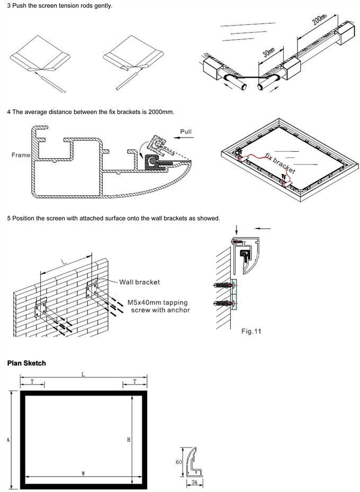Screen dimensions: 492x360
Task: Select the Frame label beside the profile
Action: tap(20, 156)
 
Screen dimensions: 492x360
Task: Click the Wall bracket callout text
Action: tap(139, 282)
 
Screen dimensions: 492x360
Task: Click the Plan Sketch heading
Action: tap(26, 363)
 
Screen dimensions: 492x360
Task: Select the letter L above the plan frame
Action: tap(83, 375)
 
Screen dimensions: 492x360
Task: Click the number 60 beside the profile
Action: tap(178, 461)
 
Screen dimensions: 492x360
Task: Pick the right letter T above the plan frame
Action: tap(134, 381)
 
